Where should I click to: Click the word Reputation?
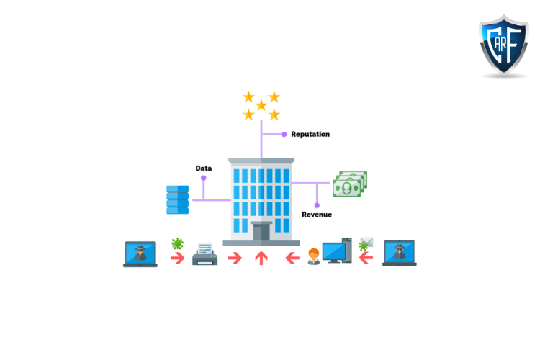(310, 134)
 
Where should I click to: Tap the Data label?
(204, 168)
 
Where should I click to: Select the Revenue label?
(317, 215)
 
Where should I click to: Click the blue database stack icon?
(178, 199)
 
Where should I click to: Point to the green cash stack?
(350, 184)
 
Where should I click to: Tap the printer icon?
(205, 254)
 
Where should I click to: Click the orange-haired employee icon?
(314, 256)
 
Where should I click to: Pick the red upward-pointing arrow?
(261, 258)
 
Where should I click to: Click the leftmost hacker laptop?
(140, 254)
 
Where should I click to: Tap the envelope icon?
(366, 240)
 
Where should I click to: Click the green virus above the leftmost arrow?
(177, 244)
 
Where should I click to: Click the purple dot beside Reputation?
(284, 134)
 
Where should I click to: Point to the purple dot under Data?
(204, 177)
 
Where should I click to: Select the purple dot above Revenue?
(317, 205)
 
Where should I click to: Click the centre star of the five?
(261, 105)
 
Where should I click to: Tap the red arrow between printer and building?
(235, 258)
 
